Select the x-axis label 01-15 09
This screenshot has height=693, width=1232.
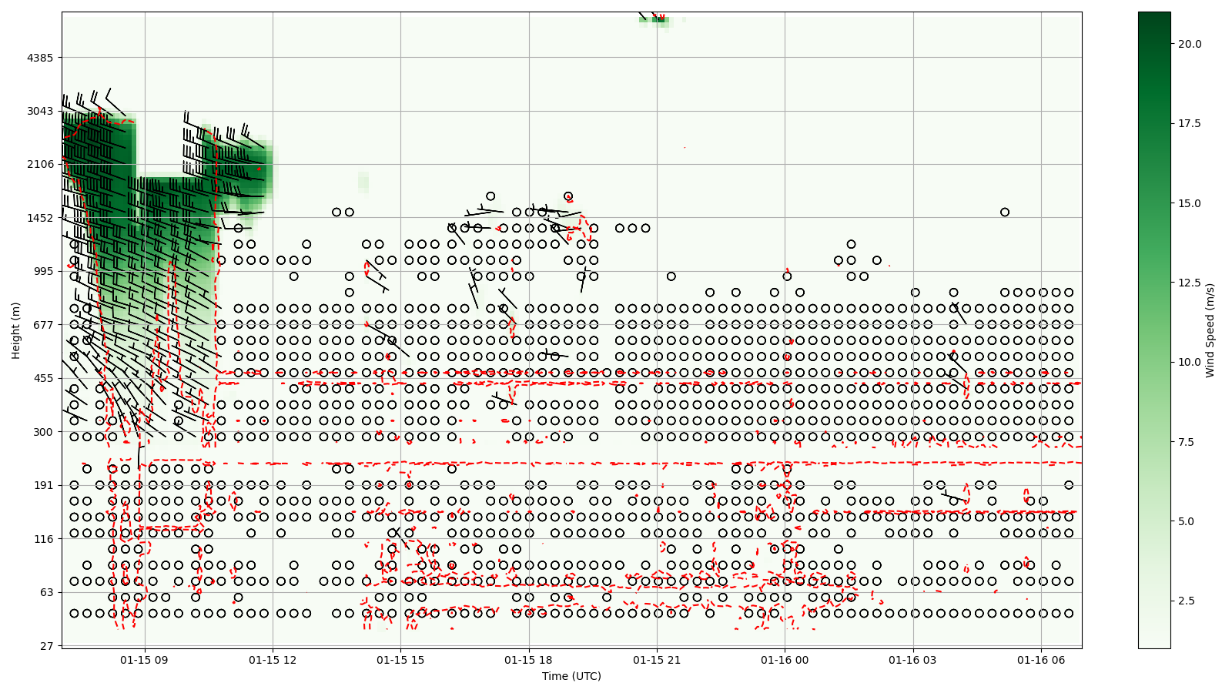coord(145,660)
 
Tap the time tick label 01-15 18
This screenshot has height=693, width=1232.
coord(529,660)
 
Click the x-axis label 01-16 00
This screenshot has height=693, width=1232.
coord(785,660)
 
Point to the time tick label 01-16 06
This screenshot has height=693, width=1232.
coord(1041,660)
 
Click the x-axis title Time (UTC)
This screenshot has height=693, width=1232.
coord(571,676)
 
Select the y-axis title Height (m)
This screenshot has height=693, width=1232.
coord(16,330)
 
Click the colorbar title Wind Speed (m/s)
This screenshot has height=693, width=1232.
coord(1210,330)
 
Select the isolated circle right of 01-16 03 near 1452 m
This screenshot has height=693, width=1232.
coord(1005,213)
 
